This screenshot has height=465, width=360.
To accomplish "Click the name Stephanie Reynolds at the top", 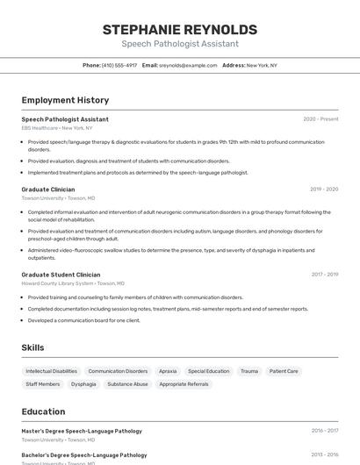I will pyautogui.click(x=179, y=29).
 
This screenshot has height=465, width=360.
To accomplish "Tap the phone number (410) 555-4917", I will pyautogui.click(x=119, y=65).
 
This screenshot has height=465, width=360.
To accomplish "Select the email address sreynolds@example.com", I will pyautogui.click(x=188, y=65).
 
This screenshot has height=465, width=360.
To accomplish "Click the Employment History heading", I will pyautogui.click(x=65, y=100).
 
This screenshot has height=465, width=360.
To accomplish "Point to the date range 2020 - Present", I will pyautogui.click(x=320, y=119).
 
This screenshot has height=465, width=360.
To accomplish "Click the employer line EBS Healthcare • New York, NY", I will pyautogui.click(x=54, y=128).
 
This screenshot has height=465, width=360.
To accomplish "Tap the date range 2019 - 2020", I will pyautogui.click(x=323, y=190).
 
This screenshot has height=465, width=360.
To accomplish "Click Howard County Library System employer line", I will pyautogui.click(x=73, y=283).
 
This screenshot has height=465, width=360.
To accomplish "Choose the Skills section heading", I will pyautogui.click(x=32, y=347).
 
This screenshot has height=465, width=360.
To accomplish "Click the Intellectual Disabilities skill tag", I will pyautogui.click(x=52, y=371).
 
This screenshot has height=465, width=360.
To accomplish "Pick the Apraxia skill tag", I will pyautogui.click(x=168, y=371).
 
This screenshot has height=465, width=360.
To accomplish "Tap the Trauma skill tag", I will pyautogui.click(x=249, y=371).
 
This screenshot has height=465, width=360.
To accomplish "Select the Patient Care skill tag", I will pyautogui.click(x=284, y=371).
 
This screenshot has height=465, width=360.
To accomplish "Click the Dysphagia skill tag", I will pyautogui.click(x=83, y=384).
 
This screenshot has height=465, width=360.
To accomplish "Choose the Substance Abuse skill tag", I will pyautogui.click(x=127, y=384).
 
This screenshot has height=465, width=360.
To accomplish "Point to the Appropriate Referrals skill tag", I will pyautogui.click(x=184, y=384).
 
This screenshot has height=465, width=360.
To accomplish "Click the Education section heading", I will pyautogui.click(x=43, y=411).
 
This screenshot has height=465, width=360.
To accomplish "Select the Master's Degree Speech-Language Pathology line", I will pyautogui.click(x=82, y=431).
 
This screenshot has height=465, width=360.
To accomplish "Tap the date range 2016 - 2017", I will pyautogui.click(x=324, y=431).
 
